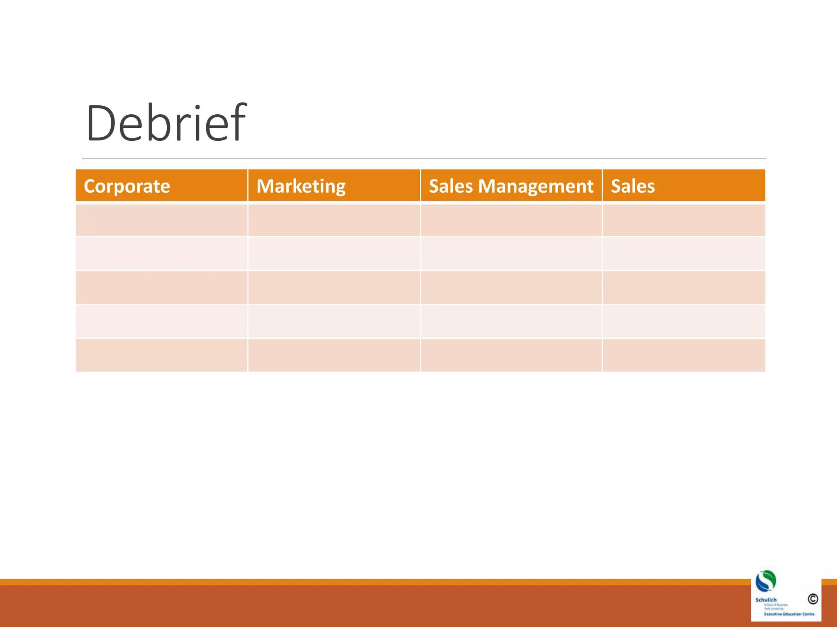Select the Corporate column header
[127, 186]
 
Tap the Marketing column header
[301, 186]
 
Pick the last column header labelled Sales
[633, 186]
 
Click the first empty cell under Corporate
[161, 220]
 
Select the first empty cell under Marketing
[334, 220]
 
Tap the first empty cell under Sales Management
[511, 220]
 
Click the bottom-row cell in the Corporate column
[161, 355]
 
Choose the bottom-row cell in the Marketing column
[334, 355]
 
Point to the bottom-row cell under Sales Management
[511, 355]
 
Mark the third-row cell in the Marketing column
[334, 287]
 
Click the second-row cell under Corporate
[161, 253]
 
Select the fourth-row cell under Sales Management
[511, 321]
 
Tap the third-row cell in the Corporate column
[161, 287]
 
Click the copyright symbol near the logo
[812, 599]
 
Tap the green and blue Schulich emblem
[765, 581]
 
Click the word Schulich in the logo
[766, 600]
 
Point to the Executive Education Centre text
[789, 614]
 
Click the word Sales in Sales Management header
[451, 186]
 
